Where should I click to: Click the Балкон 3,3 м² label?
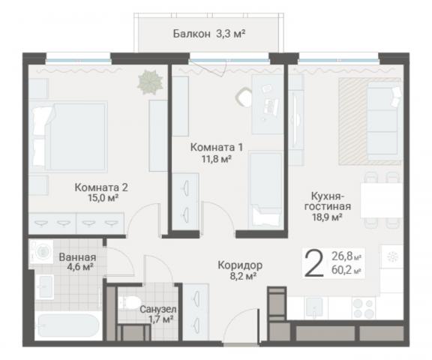point(209,34)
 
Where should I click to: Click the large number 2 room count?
point(313,262)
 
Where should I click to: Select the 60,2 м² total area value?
point(346,270)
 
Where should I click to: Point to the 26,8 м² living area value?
point(346,256)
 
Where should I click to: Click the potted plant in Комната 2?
point(150,82)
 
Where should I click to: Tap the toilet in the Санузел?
point(129,302)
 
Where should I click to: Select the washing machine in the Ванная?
point(41,251)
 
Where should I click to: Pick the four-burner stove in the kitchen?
point(364,308)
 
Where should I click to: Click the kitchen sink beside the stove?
point(314,307)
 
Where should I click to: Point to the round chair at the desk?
point(244,97)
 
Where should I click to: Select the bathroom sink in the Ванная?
point(45,287)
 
